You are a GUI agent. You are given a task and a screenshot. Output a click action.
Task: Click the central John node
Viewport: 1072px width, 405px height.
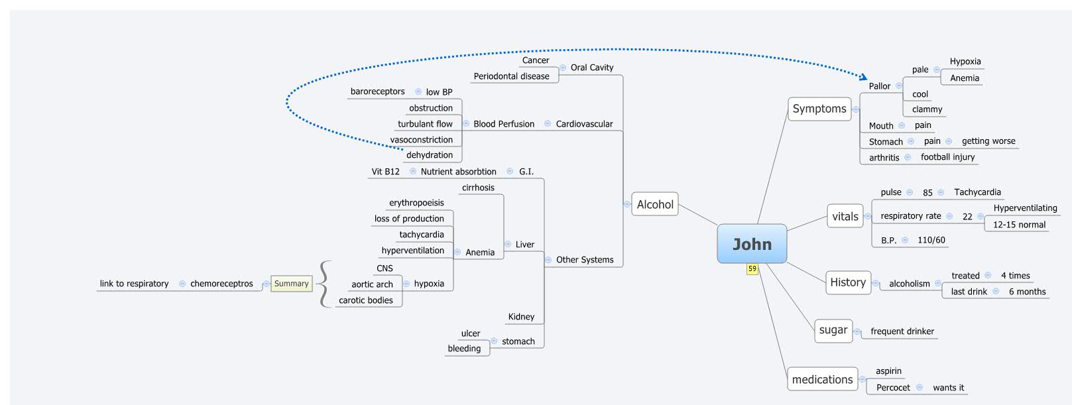752,244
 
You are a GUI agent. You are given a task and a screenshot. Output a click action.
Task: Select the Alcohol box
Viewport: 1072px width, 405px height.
655,204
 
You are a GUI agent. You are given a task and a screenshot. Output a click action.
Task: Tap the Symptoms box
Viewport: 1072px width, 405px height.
819,109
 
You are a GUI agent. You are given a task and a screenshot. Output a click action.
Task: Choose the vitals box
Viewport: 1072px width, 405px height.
845,216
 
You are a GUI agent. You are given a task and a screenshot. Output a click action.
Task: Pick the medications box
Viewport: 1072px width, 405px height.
822,379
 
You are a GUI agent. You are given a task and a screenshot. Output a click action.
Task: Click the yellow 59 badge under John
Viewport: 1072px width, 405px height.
752,269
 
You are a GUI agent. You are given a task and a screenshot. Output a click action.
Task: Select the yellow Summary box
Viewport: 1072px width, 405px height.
291,284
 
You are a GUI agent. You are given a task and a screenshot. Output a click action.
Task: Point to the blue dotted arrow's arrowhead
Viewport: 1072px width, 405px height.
863,78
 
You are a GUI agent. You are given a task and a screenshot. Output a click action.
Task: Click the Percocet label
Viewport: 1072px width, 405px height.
893,388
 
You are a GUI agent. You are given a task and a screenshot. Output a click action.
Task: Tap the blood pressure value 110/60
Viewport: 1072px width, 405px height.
931,240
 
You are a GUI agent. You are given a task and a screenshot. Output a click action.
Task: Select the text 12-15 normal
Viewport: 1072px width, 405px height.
1019,225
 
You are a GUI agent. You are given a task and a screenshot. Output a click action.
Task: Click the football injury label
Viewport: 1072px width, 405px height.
947,157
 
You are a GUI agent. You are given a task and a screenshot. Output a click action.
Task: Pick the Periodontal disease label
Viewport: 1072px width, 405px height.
511,76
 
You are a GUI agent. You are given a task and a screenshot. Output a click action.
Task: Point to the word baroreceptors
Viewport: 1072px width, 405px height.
377,91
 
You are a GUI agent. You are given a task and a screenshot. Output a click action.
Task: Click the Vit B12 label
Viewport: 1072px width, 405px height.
385,172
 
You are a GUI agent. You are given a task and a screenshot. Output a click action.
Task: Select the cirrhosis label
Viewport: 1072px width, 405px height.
478,188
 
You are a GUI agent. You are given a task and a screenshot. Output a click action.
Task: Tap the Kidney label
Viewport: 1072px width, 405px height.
521,317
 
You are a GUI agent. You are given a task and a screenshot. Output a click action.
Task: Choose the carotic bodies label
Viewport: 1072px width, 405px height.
365,300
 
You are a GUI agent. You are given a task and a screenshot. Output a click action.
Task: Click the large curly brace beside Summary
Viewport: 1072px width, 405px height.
324,284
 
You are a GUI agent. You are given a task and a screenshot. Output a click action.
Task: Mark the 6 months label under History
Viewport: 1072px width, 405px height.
1027,292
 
